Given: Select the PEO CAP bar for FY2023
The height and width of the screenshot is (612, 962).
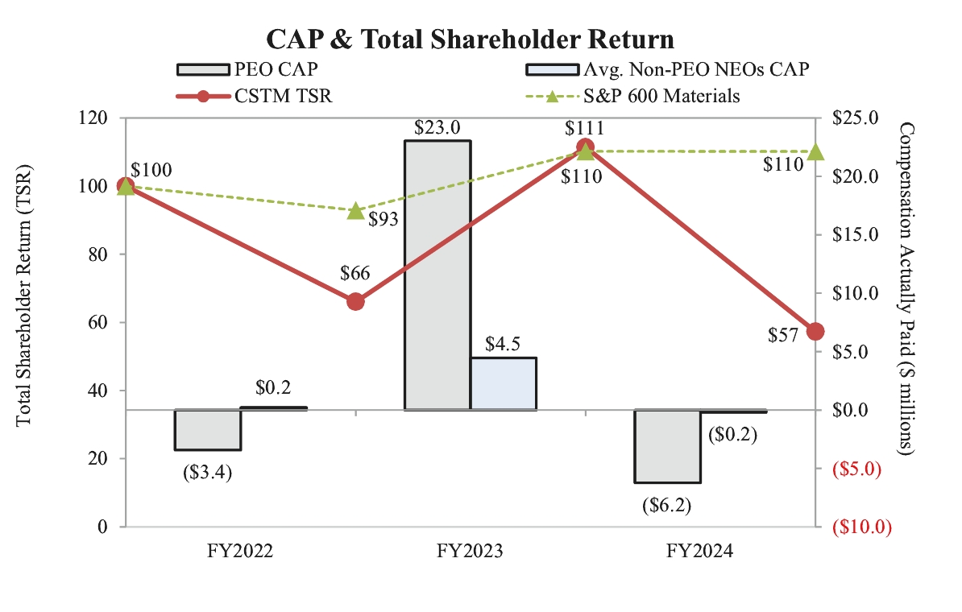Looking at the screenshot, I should [x=437, y=275].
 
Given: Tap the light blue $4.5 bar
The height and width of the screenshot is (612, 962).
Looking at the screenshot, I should [x=503, y=383].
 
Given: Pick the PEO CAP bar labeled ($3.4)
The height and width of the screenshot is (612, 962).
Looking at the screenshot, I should [x=208, y=430].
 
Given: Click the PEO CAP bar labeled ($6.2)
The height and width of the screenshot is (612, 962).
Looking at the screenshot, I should [x=668, y=446].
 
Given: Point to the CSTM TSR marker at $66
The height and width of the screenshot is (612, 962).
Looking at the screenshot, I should [x=355, y=301].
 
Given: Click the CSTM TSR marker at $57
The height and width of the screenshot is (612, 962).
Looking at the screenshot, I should [x=815, y=332].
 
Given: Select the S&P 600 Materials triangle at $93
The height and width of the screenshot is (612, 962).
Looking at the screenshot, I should [x=355, y=211].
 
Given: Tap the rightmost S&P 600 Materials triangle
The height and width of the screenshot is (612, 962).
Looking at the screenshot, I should [x=815, y=151].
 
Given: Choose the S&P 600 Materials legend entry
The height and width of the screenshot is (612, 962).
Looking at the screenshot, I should [x=630, y=96].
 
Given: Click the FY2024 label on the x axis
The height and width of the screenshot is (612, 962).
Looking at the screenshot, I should [x=700, y=552].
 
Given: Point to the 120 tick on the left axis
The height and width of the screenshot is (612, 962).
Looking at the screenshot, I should [x=99, y=118].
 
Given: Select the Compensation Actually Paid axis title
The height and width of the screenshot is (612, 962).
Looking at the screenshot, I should [x=906, y=290].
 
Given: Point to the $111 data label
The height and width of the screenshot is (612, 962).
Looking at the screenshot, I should [x=585, y=127].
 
